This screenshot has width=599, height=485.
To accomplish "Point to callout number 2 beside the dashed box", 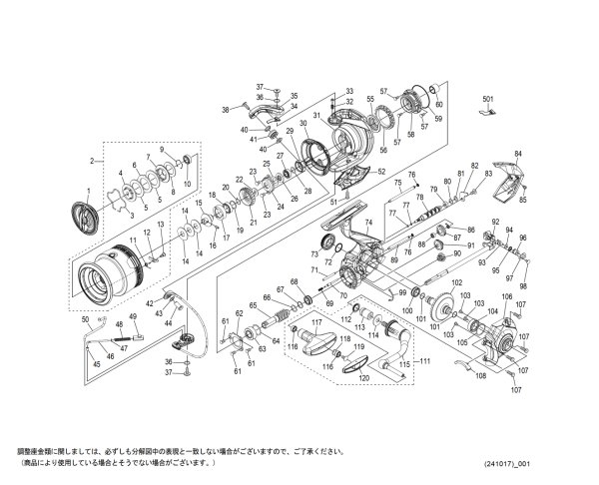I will (x=91, y=160).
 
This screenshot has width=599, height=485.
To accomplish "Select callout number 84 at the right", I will (x=517, y=154).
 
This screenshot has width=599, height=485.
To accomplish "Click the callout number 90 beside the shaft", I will (x=456, y=254).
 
